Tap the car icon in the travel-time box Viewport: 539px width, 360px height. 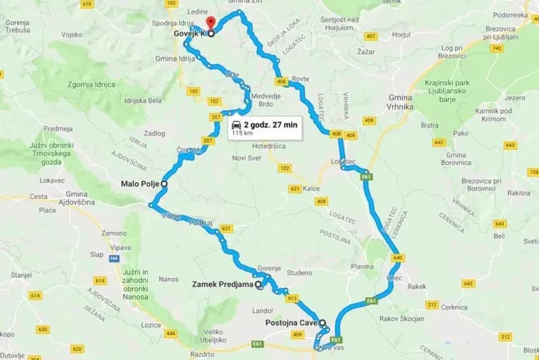236,125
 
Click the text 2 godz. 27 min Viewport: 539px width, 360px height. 270,125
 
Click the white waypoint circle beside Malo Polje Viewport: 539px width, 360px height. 164,184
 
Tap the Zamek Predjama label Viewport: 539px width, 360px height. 222,285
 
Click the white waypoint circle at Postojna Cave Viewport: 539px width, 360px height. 322,322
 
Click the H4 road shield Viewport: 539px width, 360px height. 115,258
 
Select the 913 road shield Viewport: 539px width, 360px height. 292,298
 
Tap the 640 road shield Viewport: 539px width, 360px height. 398,258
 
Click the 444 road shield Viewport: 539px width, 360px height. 171,333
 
